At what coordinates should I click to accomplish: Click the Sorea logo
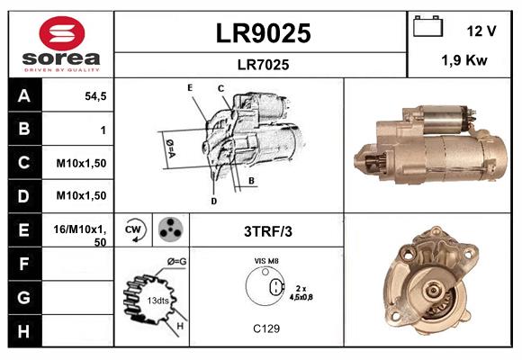[61, 44]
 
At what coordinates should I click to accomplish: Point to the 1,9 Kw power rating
[463, 60]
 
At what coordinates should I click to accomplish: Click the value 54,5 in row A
[95, 96]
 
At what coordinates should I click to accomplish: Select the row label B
[24, 130]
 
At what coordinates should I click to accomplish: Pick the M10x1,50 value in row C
[81, 163]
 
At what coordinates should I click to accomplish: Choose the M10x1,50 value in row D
[81, 195]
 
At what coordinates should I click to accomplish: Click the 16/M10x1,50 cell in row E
[81, 235]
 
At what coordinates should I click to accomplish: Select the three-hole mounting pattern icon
[168, 230]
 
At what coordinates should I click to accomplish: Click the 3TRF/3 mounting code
[267, 231]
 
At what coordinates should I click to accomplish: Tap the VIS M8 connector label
[267, 260]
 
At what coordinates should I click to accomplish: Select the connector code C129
[267, 328]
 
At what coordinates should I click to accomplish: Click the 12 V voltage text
[481, 30]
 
